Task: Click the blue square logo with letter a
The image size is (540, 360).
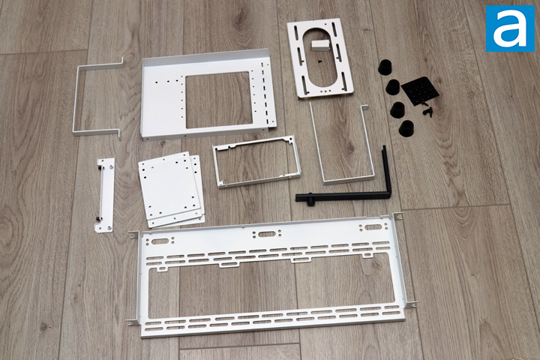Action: point(510,28)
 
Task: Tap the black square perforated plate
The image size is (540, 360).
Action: point(420,90)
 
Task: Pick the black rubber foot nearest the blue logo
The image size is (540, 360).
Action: point(385,67)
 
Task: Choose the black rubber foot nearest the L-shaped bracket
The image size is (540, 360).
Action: point(406,128)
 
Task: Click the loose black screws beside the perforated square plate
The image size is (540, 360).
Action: point(427,111)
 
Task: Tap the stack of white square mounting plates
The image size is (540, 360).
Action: point(171,190)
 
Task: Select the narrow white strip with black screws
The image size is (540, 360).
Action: point(105,195)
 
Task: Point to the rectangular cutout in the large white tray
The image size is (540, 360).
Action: point(219,100)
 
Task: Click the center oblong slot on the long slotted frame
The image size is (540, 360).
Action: point(265,235)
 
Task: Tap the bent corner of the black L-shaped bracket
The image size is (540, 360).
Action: point(388,195)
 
